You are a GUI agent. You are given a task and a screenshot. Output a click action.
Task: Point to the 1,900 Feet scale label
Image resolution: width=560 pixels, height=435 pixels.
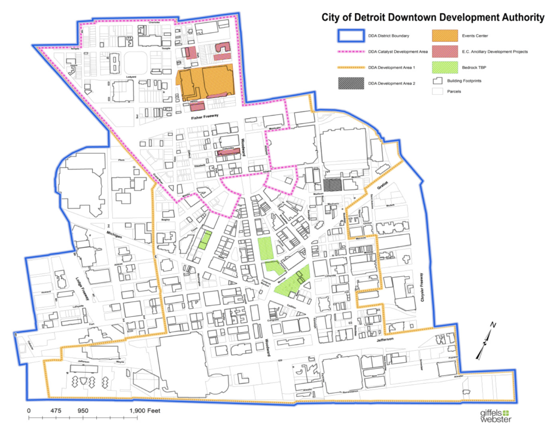click(144, 410)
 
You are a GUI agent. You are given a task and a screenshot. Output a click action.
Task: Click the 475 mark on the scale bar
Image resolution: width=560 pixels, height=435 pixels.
click(55, 410)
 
